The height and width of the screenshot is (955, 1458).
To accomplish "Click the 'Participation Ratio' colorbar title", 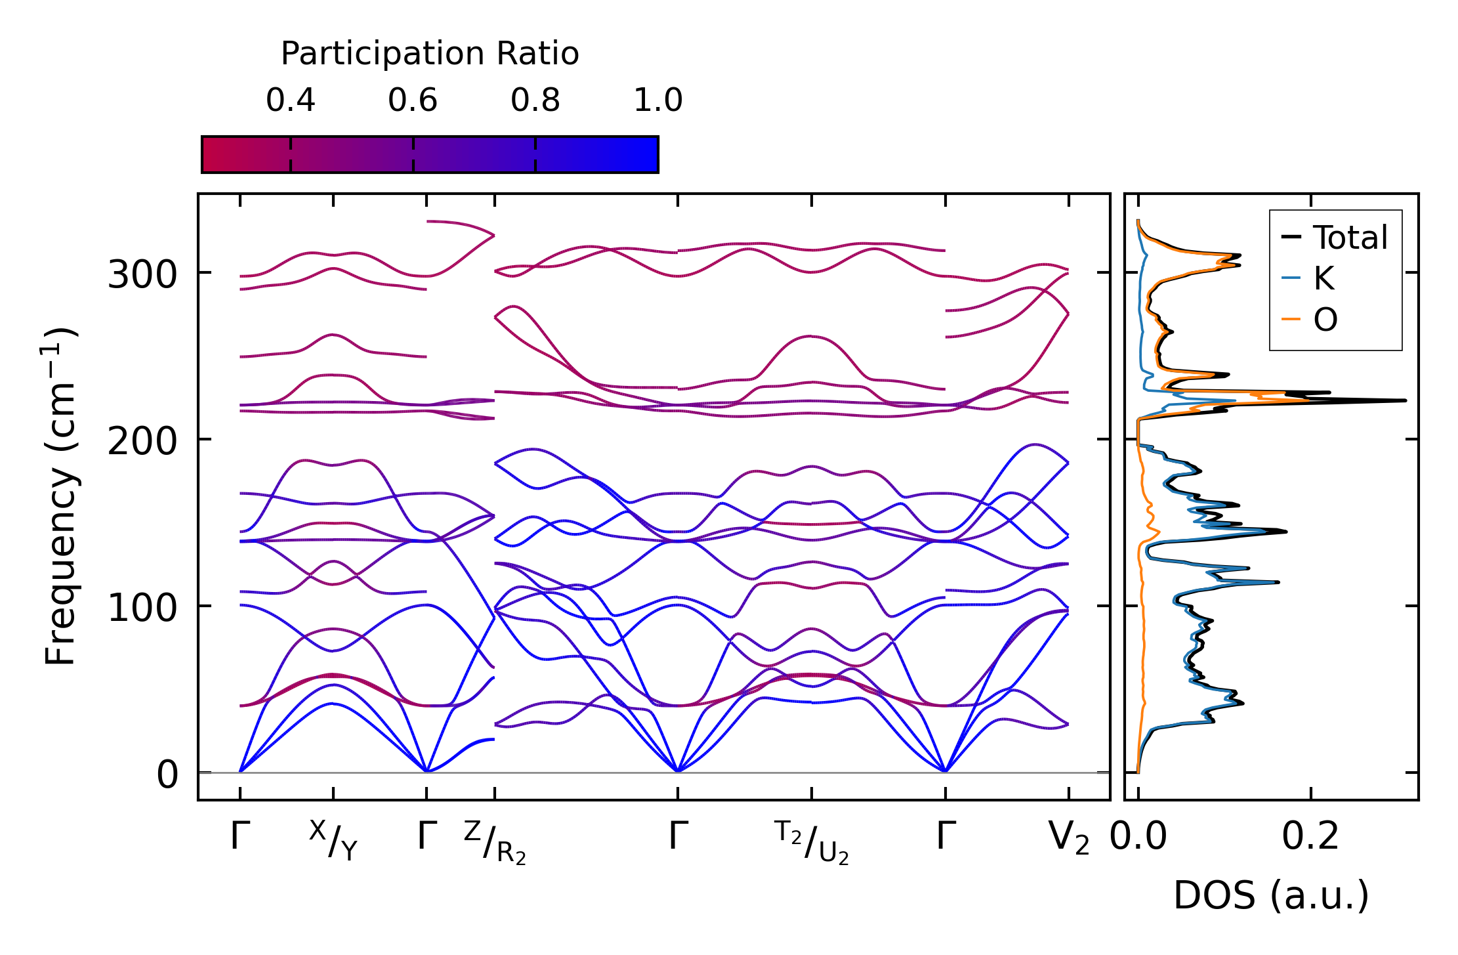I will [x=430, y=54].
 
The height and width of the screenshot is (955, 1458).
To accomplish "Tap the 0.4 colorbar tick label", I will [x=291, y=100].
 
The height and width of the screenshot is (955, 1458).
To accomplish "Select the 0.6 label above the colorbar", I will [x=413, y=100].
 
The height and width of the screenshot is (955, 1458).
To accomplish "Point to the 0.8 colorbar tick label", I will [x=535, y=100].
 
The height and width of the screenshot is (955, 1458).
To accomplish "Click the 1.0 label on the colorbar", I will [x=658, y=100].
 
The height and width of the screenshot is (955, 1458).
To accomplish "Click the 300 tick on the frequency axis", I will [x=142, y=274].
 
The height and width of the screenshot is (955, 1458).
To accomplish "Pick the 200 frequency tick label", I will [x=142, y=441].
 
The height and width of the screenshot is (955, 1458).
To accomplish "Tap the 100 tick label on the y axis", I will [x=142, y=608].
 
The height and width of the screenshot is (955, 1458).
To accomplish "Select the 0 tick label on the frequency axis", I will [x=167, y=775].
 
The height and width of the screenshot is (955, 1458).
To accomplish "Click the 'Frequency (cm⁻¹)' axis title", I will [x=60, y=496].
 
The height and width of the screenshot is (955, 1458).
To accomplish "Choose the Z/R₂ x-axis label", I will [x=495, y=841].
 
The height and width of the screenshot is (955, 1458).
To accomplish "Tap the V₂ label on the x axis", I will [x=1069, y=838].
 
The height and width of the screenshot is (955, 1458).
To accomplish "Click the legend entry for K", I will [x=1323, y=278].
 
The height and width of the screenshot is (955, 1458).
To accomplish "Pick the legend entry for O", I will [x=1325, y=320].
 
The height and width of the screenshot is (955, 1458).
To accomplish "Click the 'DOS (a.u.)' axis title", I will [x=1271, y=895].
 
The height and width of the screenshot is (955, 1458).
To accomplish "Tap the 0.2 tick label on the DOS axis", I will [x=1310, y=837].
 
